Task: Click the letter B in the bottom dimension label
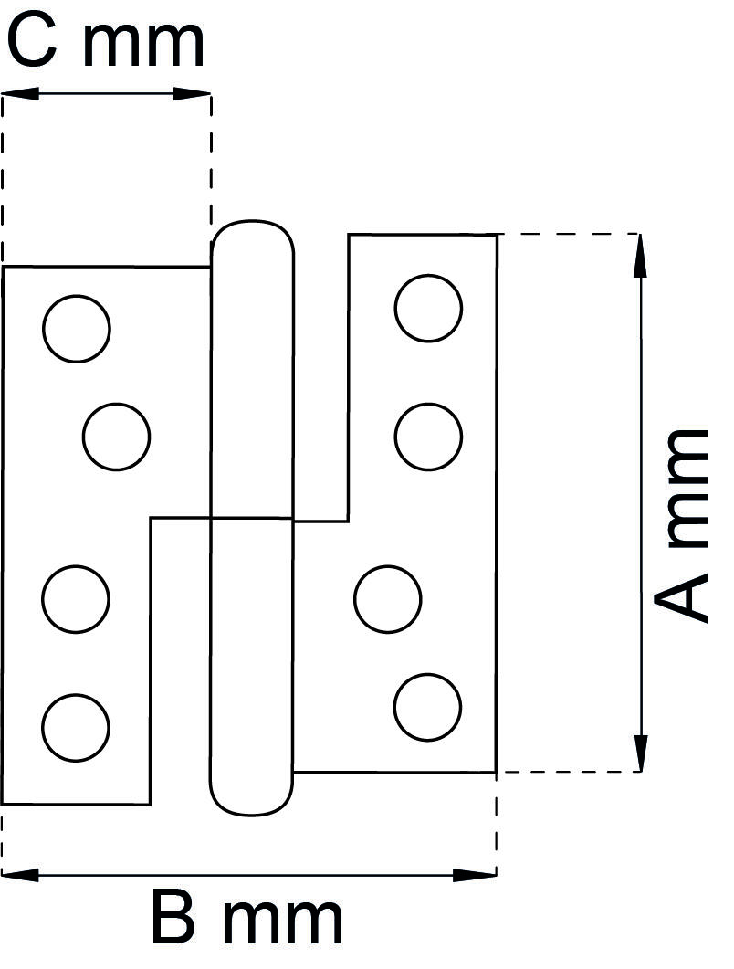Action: (x=173, y=919)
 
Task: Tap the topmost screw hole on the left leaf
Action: (x=77, y=329)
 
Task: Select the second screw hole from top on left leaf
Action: (x=116, y=437)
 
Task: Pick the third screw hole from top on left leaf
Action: (x=76, y=599)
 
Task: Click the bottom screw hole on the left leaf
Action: (x=76, y=727)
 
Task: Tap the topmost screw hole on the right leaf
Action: (x=428, y=308)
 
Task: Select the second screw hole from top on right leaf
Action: (x=428, y=437)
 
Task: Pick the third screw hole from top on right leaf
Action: (x=388, y=599)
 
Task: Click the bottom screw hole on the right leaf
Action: (x=427, y=707)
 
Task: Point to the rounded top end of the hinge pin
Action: (x=253, y=234)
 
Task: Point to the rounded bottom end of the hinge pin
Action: (x=252, y=801)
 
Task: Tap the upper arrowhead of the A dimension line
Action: (x=641, y=255)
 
